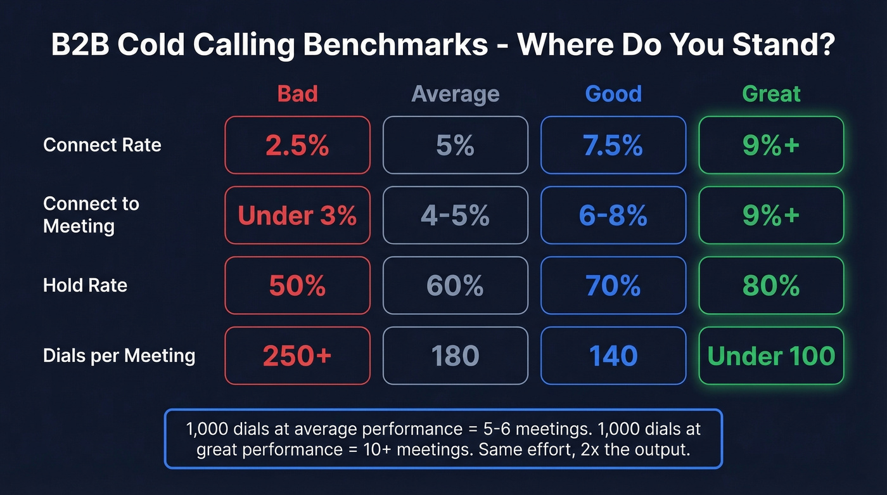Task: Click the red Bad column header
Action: pos(297,94)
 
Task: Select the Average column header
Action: pos(455,94)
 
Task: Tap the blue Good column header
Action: pos(613,94)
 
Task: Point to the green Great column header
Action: pos(771,94)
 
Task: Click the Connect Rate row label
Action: pos(102,145)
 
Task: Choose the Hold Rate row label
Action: pos(85,285)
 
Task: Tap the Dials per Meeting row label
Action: pos(119,356)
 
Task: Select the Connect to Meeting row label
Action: pos(91,215)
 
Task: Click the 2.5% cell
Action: pos(297,145)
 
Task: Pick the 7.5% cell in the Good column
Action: pos(613,145)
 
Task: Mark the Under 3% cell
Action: pos(297,215)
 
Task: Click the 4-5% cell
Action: pos(455,215)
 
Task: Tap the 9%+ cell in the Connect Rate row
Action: pos(771,145)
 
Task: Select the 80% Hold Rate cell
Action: pos(771,286)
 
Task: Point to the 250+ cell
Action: pos(297,356)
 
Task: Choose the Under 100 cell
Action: pos(771,356)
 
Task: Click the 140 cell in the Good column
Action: pos(613,356)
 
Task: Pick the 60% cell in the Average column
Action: pos(455,286)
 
